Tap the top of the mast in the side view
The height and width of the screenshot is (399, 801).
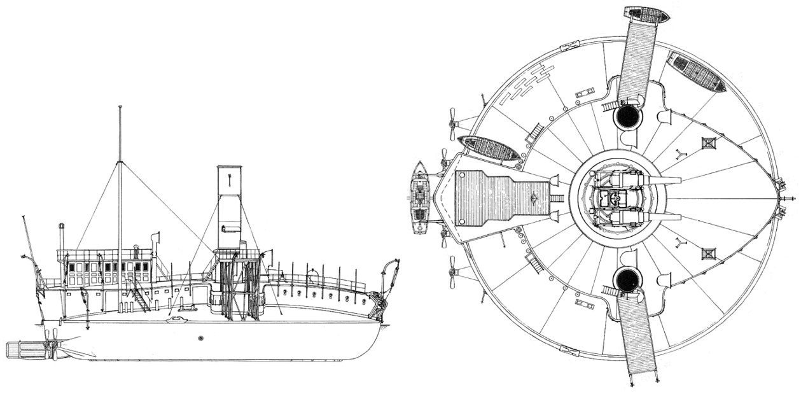point(120,108)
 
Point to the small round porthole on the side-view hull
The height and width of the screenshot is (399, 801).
point(201,338)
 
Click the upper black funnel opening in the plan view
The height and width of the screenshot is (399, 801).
point(627,116)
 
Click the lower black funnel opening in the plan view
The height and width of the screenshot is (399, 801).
point(627,279)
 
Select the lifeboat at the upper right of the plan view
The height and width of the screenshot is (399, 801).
point(696,71)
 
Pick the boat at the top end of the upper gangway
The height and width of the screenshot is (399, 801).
point(646,15)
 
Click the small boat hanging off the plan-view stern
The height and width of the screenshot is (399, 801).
point(420,197)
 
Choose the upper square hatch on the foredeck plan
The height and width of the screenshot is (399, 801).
point(708,143)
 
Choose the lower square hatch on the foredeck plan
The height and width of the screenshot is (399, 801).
point(708,254)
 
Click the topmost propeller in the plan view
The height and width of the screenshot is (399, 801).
point(453,124)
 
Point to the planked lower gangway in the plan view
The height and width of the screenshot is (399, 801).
point(637,337)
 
